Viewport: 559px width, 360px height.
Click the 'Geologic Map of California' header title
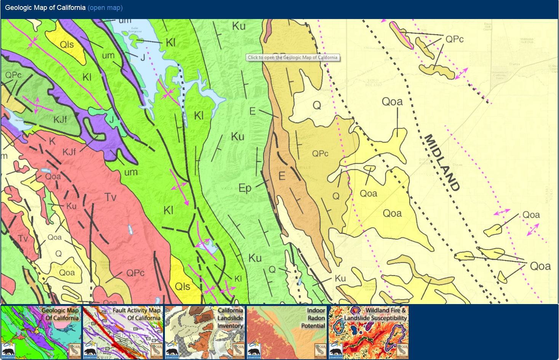point(45,8)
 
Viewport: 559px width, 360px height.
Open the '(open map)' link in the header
point(105,8)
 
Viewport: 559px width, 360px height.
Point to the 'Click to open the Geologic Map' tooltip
point(292,57)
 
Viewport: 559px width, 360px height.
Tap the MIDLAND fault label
point(442,162)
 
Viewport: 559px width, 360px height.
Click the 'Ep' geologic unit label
point(245,188)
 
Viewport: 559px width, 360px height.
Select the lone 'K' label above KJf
point(52,141)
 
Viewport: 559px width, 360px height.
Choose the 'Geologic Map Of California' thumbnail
point(41,332)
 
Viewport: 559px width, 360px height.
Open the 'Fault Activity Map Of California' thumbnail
point(123,332)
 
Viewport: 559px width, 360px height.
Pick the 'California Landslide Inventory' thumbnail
point(205,332)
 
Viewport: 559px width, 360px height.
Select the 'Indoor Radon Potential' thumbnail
point(286,332)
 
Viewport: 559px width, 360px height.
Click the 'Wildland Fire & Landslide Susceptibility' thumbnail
point(369,332)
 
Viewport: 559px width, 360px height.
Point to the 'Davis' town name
point(514,64)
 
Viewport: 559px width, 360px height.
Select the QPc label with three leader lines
point(454,39)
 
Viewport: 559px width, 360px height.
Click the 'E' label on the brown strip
point(282,176)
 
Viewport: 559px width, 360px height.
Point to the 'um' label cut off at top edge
point(125,21)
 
